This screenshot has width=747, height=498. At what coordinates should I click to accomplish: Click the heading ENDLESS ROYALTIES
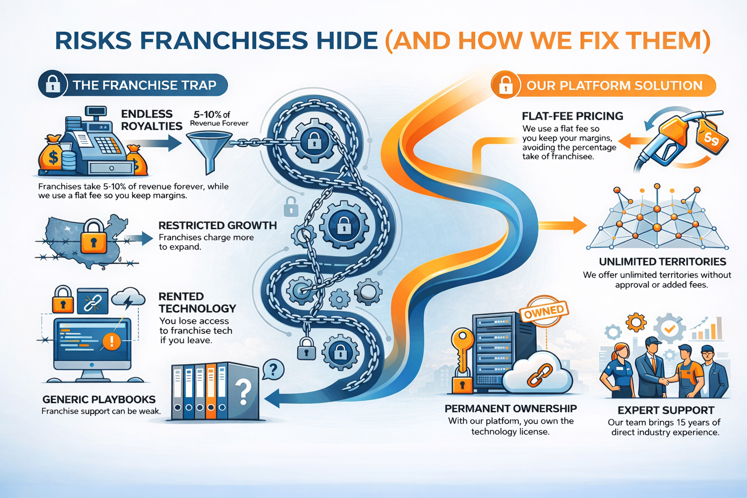pyautogui.click(x=151, y=120)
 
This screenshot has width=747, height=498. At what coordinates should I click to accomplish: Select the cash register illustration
pyautogui.click(x=97, y=143)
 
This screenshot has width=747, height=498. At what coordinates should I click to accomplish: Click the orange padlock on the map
pyautogui.click(x=93, y=237)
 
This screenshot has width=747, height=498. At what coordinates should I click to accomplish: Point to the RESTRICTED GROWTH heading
pyautogui.click(x=217, y=226)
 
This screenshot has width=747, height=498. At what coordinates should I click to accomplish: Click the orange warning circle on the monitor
pyautogui.click(x=111, y=341)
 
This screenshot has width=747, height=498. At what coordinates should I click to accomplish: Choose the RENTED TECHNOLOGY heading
pyautogui.click(x=197, y=302)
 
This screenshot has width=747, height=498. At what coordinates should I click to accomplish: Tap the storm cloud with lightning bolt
pyautogui.click(x=128, y=298)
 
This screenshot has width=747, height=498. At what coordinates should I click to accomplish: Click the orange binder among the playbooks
pyautogui.click(x=211, y=392)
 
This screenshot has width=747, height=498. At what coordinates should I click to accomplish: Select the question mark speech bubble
pyautogui.click(x=273, y=370)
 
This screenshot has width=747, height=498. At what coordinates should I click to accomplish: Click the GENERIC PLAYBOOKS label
pyautogui.click(x=99, y=400)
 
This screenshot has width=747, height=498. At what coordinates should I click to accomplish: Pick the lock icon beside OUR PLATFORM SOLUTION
pyautogui.click(x=506, y=86)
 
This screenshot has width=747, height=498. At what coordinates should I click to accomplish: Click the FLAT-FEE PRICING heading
pyautogui.click(x=572, y=116)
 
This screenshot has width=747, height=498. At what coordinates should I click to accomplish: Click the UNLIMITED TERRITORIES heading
pyautogui.click(x=662, y=262)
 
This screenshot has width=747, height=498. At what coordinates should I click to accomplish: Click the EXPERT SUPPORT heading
pyautogui.click(x=666, y=410)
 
